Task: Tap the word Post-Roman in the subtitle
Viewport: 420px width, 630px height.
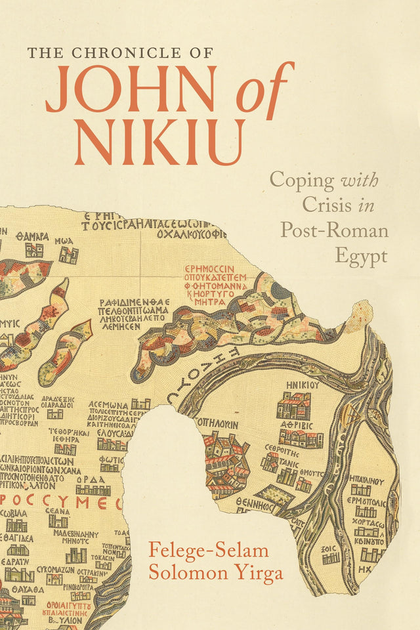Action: [334, 230]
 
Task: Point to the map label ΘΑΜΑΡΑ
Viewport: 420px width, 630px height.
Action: [33, 236]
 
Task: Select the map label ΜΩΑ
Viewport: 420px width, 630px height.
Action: [64, 240]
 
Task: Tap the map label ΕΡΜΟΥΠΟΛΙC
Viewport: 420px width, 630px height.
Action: [365, 501]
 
